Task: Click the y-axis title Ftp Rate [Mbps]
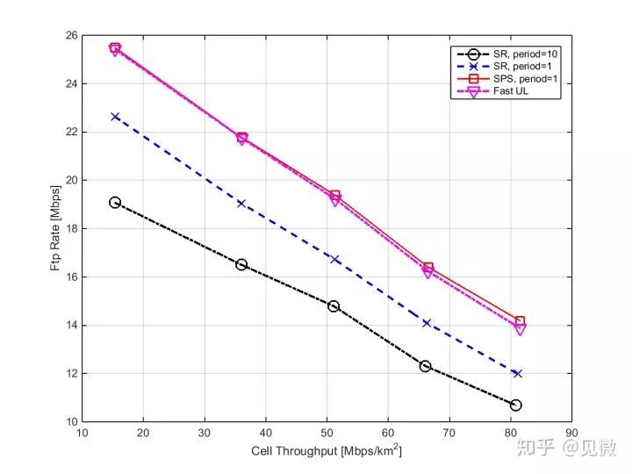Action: (x=55, y=229)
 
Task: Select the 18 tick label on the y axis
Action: (x=71, y=229)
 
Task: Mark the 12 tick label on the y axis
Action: (x=71, y=374)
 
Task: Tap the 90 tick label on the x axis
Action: (x=571, y=432)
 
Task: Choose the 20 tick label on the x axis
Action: (x=143, y=432)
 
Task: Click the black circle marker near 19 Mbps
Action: (x=115, y=203)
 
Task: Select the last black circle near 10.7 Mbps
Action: (x=515, y=405)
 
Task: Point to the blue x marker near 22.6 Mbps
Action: (x=115, y=116)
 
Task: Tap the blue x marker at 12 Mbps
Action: (x=518, y=373)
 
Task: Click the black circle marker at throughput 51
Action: (x=334, y=306)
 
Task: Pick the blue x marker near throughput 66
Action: (x=427, y=323)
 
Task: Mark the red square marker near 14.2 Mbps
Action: (x=520, y=321)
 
